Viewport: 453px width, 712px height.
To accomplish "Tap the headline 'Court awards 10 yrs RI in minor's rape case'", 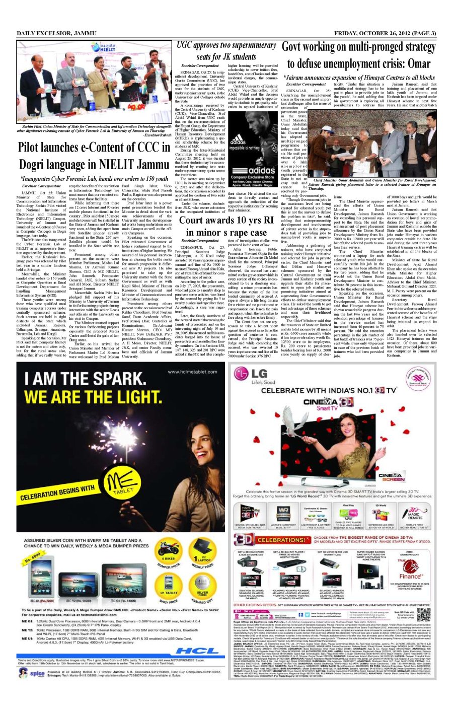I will (x=226, y=226).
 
